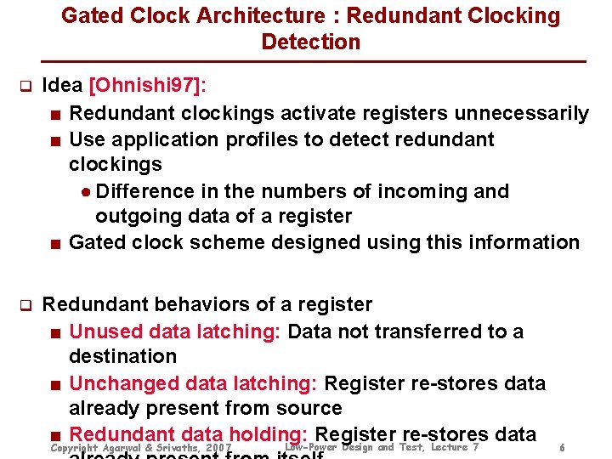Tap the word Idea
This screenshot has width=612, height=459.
63,86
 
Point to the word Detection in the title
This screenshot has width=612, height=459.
311,42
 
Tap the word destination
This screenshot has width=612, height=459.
122,356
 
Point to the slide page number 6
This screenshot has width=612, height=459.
563,448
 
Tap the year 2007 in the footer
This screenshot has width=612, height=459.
218,448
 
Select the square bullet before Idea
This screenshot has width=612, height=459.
25,87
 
